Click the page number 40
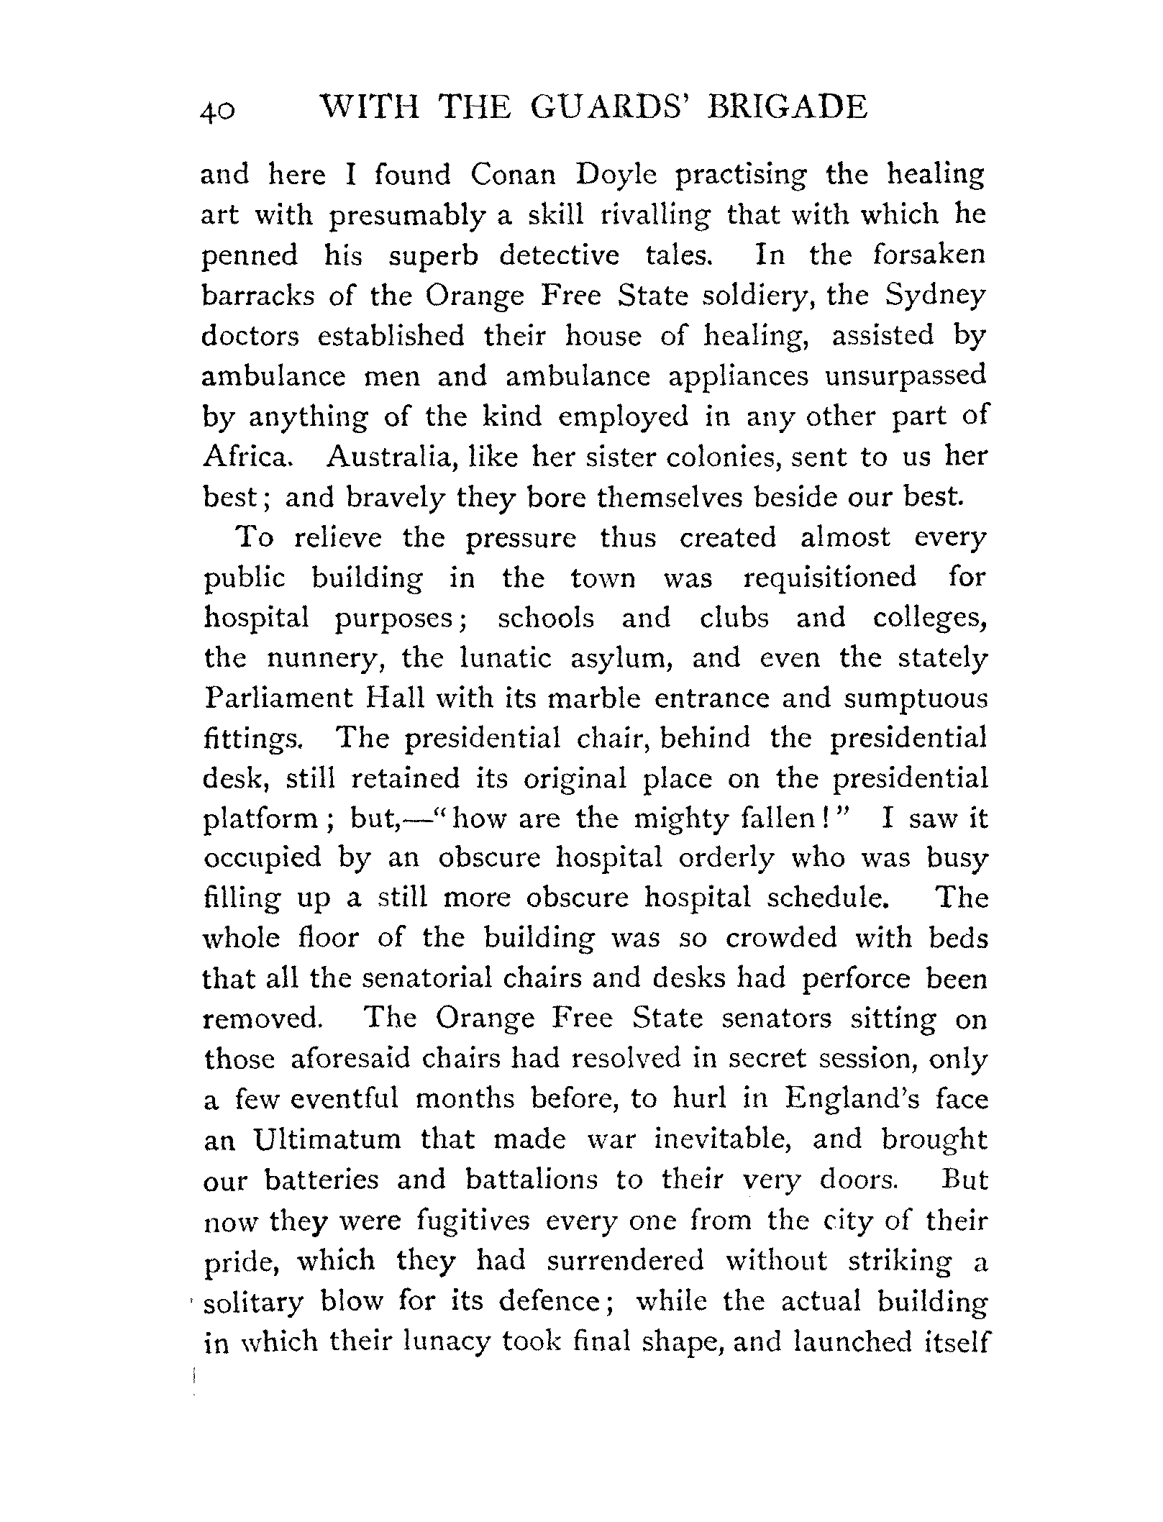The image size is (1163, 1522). [x=217, y=112]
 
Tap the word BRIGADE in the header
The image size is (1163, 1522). [x=788, y=108]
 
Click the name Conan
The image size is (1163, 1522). [x=514, y=175]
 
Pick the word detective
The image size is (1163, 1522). [x=559, y=256]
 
